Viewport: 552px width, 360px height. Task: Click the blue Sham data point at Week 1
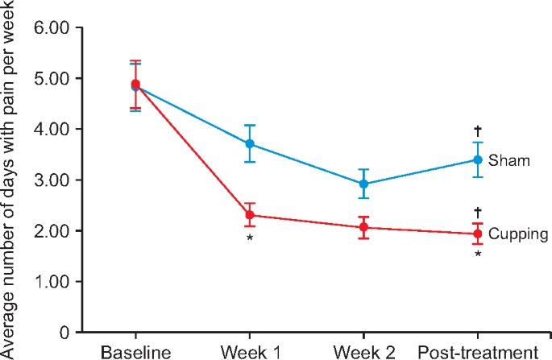pos(250,144)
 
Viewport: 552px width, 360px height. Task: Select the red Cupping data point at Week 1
pos(250,215)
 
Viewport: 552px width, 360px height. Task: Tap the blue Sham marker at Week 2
pos(363,184)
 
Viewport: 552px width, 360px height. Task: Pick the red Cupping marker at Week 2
pos(363,228)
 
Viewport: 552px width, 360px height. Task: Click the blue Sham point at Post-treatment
pos(478,159)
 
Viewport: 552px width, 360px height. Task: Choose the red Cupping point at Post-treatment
pos(478,234)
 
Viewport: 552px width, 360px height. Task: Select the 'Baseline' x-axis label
pos(135,352)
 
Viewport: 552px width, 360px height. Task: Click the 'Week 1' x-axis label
pos(250,352)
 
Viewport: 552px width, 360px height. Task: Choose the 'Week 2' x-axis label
pos(363,352)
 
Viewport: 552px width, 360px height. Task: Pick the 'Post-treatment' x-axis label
pos(478,352)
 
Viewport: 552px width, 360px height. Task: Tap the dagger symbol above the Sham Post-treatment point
pos(478,130)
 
